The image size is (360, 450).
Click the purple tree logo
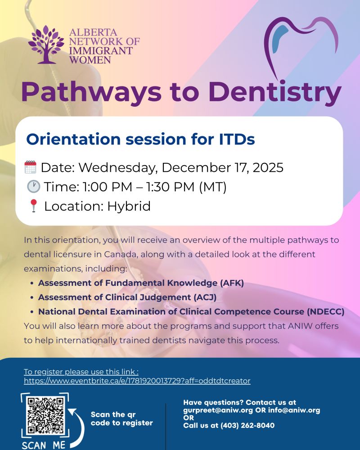(46, 45)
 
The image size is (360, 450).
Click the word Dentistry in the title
(275, 92)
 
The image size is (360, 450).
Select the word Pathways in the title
(91, 92)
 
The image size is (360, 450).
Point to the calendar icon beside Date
(31, 167)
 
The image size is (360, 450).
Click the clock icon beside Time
(33, 186)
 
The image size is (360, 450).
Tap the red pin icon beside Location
(34, 206)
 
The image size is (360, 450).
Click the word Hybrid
(129, 206)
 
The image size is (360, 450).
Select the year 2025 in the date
(268, 167)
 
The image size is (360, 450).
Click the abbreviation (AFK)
(232, 283)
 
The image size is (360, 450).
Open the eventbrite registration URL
(137, 381)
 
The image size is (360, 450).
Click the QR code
(45, 415)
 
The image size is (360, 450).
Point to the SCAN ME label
(44, 445)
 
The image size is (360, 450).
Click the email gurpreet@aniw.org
(218, 410)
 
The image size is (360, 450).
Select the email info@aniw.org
(294, 410)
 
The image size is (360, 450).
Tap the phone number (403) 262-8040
(247, 425)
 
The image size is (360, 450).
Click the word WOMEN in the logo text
(90, 60)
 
